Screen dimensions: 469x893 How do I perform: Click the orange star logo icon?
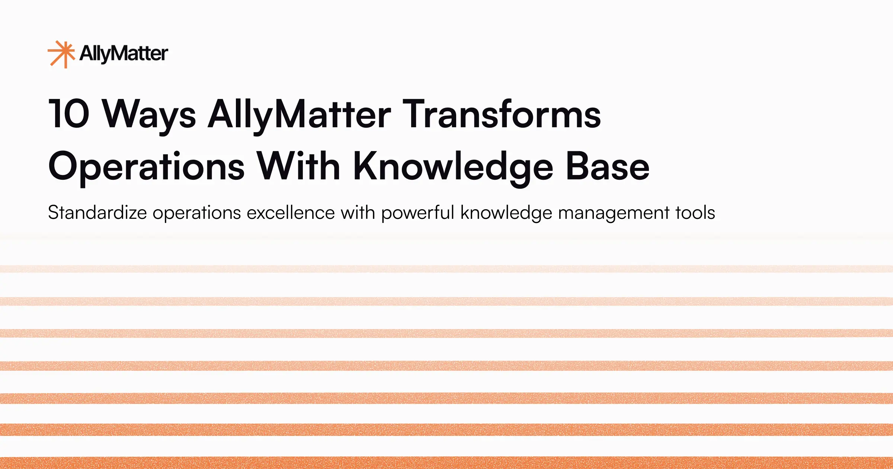click(x=61, y=54)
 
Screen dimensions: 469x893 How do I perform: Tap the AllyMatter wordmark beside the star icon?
click(x=124, y=54)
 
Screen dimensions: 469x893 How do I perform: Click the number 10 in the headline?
click(x=69, y=114)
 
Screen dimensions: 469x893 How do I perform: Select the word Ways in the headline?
click(x=149, y=115)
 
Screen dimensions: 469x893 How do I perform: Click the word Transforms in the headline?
click(x=502, y=114)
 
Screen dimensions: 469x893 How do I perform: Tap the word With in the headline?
click(x=298, y=166)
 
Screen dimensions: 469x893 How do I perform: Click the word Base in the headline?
click(x=607, y=167)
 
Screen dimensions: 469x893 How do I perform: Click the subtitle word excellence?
click(x=291, y=213)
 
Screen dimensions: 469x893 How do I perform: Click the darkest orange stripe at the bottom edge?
click(x=446, y=463)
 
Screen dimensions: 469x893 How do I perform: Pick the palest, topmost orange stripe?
click(x=446, y=269)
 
